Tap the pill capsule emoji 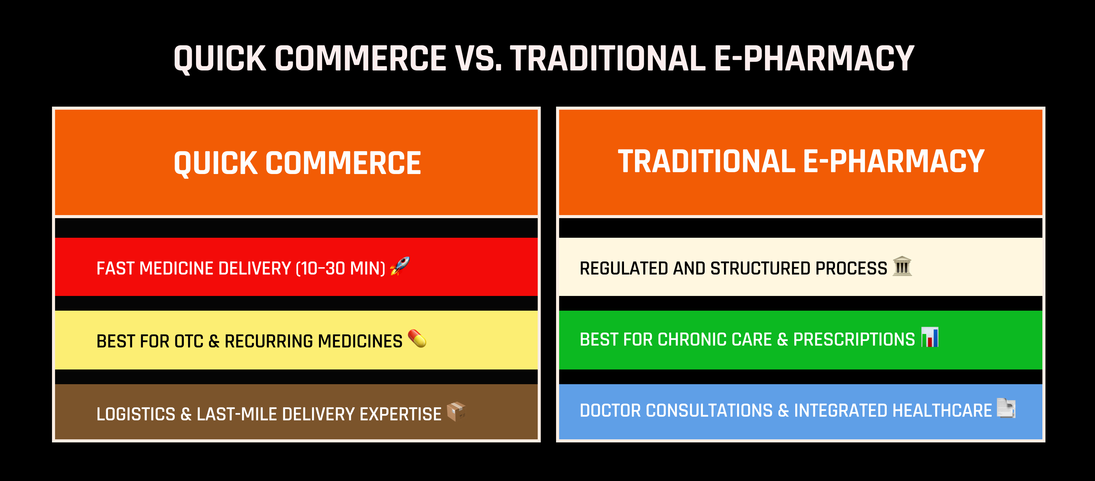pyautogui.click(x=417, y=339)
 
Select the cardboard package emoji pyautogui.click(x=456, y=412)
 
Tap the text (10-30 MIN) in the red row pyautogui.click(x=340, y=269)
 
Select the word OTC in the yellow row pyautogui.click(x=189, y=341)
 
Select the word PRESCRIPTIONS pyautogui.click(x=854, y=340)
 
